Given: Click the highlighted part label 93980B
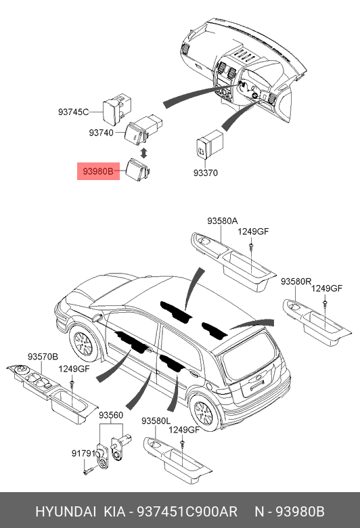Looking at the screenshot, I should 98,172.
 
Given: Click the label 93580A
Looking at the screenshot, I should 223,221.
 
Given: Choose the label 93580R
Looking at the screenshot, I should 296,280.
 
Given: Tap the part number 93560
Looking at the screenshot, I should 111,414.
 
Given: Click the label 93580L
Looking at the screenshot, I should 156,420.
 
